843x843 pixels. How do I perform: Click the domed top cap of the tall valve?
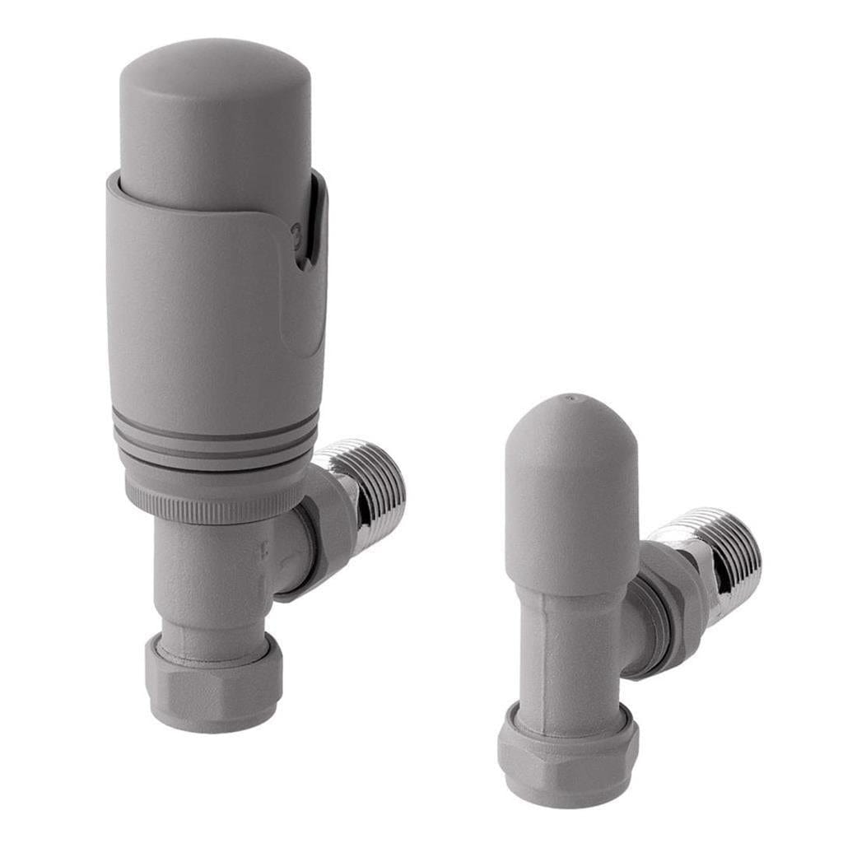(216, 107)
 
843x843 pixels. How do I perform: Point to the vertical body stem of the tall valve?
(206, 576)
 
